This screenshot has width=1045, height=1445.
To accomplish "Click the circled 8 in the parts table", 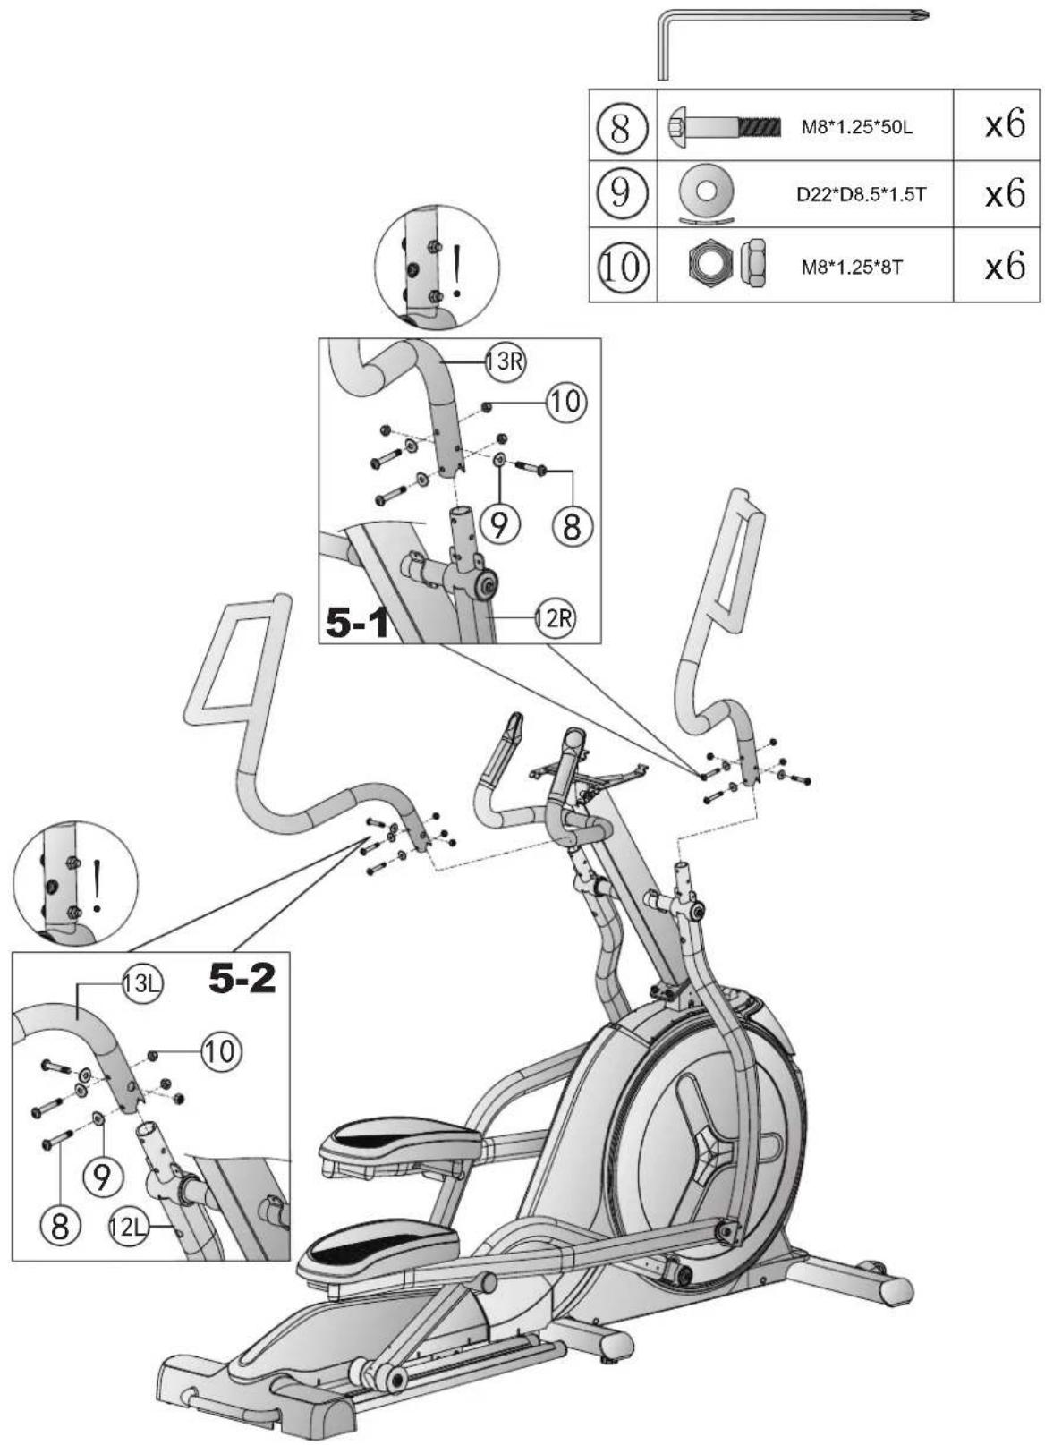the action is (621, 126).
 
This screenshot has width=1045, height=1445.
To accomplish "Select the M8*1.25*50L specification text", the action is (856, 127).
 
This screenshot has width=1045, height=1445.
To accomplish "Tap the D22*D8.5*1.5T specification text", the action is (862, 194).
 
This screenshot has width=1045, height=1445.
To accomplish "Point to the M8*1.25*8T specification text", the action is (852, 267).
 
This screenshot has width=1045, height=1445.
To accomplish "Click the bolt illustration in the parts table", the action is (725, 125).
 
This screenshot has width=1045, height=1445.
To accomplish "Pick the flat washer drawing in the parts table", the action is (708, 191).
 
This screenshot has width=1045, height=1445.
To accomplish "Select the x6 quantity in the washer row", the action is (1005, 192).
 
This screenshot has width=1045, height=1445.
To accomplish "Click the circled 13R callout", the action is (506, 361).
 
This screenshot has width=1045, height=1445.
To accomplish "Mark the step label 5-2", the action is (242, 979).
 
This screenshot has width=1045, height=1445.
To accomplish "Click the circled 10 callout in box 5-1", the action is (567, 401).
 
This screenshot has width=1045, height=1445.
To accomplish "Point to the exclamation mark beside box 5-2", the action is (97, 884).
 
